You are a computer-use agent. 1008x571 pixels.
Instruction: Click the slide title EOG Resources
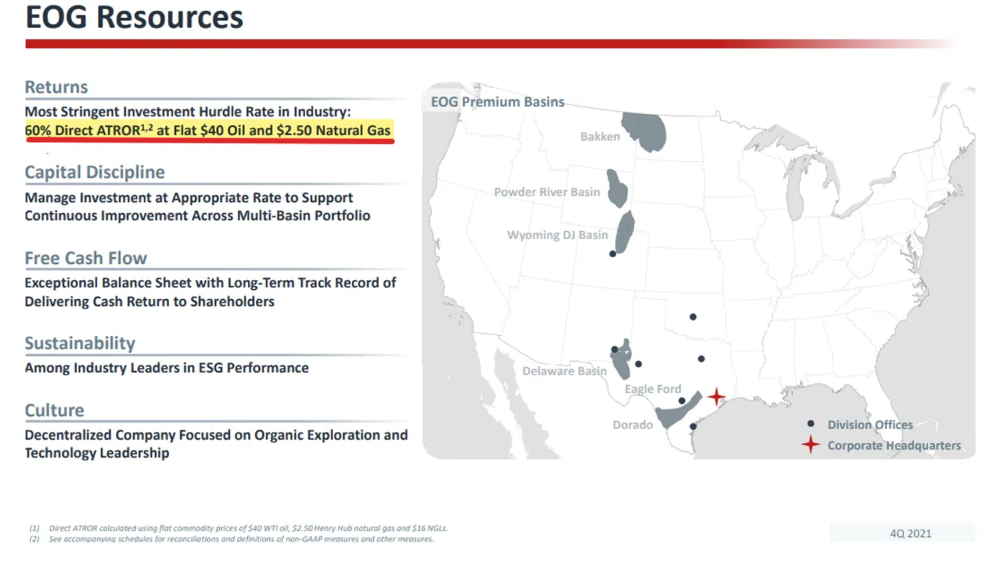134,17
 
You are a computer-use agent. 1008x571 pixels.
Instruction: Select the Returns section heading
56,87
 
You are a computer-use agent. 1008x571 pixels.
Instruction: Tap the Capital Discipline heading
95,173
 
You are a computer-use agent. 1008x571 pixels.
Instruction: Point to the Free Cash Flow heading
85,258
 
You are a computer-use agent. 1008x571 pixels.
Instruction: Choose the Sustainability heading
80,343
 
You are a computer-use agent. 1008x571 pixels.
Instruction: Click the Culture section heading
54,410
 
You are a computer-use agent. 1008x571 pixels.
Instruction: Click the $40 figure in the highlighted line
212,131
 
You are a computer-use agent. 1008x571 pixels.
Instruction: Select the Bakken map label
600,137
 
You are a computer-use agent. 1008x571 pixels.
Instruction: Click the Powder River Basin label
546,192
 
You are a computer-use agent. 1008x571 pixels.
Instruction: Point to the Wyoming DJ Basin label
557,235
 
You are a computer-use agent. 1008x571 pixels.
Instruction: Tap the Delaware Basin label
564,371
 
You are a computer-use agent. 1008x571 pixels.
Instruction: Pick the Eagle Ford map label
652,389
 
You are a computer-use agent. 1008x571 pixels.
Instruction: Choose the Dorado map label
632,425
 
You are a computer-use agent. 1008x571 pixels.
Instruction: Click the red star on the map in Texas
716,397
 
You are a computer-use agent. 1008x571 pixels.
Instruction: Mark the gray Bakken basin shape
645,131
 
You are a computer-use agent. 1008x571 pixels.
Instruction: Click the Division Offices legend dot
810,424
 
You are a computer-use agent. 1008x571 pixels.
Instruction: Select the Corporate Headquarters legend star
810,445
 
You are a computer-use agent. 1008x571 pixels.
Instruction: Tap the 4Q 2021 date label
910,534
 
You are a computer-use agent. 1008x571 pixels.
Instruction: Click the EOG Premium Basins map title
497,102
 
